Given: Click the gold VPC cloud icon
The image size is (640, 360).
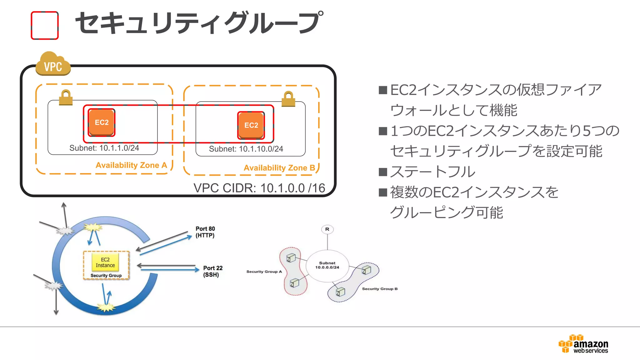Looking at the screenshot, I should [x=53, y=64].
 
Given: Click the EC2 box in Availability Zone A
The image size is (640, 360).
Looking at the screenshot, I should [x=102, y=122].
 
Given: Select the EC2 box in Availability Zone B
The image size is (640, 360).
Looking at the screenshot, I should [x=251, y=125].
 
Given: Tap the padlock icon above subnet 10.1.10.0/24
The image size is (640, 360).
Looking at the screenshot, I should [x=288, y=99].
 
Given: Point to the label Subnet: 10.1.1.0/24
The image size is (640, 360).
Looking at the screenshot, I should [x=104, y=148].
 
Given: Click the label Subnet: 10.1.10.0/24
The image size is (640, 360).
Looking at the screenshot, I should [x=246, y=149].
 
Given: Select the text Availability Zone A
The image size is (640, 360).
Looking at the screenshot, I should [x=131, y=165].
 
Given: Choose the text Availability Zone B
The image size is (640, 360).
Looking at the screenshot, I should [x=279, y=168].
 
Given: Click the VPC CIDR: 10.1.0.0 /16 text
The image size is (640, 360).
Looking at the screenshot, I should [x=259, y=188].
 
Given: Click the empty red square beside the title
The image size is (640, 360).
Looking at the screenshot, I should [x=45, y=26].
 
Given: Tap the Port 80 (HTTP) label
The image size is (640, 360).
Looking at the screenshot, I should [x=205, y=232].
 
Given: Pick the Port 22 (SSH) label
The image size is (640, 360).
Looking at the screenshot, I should [x=212, y=271].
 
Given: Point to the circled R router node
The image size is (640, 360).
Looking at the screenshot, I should [x=327, y=229].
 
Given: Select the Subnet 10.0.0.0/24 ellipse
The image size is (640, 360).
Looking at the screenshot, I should [x=327, y=266].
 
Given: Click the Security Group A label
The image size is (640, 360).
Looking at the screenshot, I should [x=264, y=272].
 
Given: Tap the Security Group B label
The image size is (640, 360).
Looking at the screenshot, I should [x=380, y=289].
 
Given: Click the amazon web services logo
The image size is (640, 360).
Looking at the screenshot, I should [x=583, y=344].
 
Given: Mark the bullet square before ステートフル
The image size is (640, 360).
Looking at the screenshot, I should [x=383, y=172].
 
